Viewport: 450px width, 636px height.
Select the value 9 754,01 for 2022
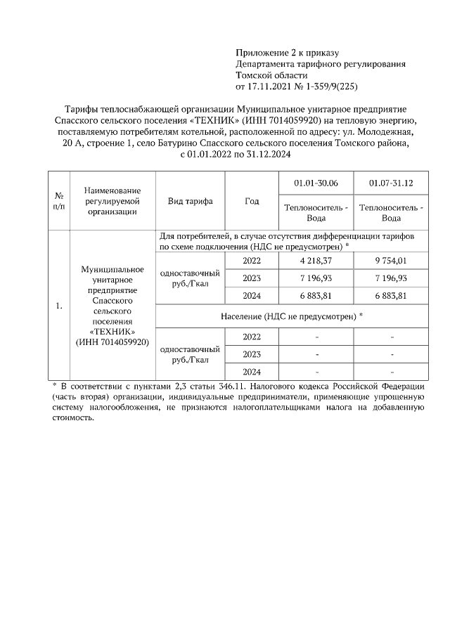(x=391, y=260)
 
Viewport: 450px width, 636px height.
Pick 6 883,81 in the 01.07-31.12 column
(x=391, y=295)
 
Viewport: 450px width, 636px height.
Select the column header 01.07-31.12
(x=391, y=183)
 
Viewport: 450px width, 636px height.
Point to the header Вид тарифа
(x=190, y=201)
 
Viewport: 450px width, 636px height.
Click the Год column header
(x=252, y=201)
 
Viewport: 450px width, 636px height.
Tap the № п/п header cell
(x=59, y=201)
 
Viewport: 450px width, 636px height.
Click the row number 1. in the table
(x=59, y=306)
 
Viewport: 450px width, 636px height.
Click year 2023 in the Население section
(x=252, y=354)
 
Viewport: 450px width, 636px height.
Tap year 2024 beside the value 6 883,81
(x=252, y=295)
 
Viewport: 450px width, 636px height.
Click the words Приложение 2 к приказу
(x=287, y=53)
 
